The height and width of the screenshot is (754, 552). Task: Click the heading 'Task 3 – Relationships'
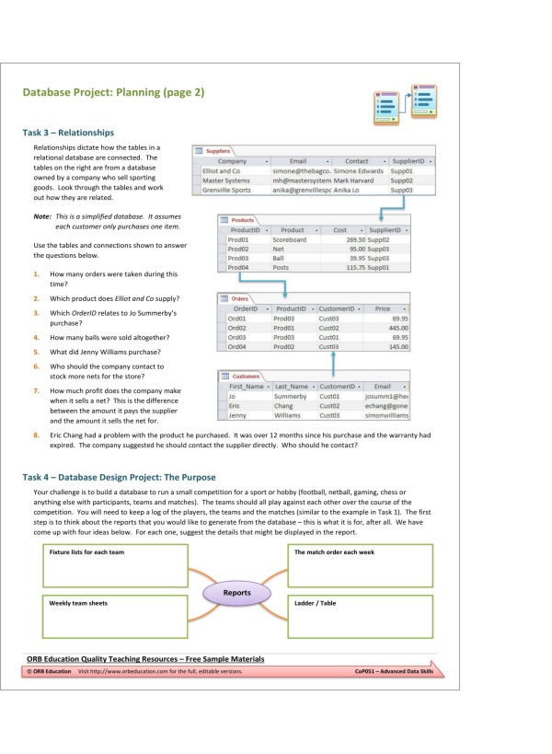pyautogui.click(x=68, y=132)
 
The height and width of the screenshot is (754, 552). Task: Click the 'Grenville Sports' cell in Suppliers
pyautogui.click(x=226, y=190)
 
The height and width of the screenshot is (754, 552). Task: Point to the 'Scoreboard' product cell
pyautogui.click(x=290, y=239)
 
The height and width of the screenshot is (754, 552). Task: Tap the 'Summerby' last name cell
pyautogui.click(x=292, y=396)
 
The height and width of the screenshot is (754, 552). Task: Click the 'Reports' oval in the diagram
pyautogui.click(x=237, y=593)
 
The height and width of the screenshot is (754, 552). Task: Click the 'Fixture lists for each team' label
pyautogui.click(x=88, y=552)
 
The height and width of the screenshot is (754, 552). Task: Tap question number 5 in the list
pyautogui.click(x=35, y=352)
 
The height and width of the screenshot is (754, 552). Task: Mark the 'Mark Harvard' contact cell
pyautogui.click(x=352, y=180)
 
